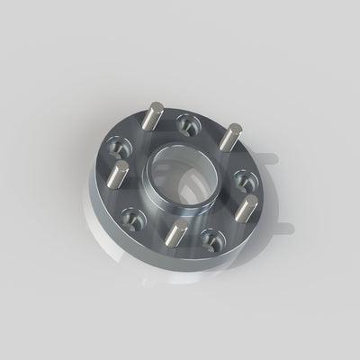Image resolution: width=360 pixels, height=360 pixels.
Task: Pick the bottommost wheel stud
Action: coord(175,233)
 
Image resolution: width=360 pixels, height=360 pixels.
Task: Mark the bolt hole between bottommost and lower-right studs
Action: coord(212,238)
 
